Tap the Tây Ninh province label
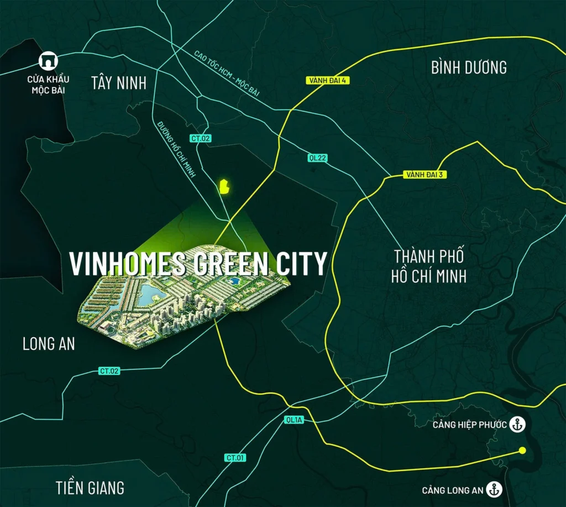[x=119, y=83]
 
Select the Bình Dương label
[x=469, y=67]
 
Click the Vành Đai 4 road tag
[x=328, y=80]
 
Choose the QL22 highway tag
[x=317, y=158]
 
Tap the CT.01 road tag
[x=235, y=458]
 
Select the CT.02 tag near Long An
[x=109, y=371]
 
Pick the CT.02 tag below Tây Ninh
[x=201, y=138]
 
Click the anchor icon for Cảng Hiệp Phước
[x=517, y=425]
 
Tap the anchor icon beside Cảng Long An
[x=495, y=489]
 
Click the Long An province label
[x=49, y=344]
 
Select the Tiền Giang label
[x=90, y=488]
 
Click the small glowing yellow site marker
[x=224, y=186]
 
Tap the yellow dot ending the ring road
[x=522, y=451]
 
